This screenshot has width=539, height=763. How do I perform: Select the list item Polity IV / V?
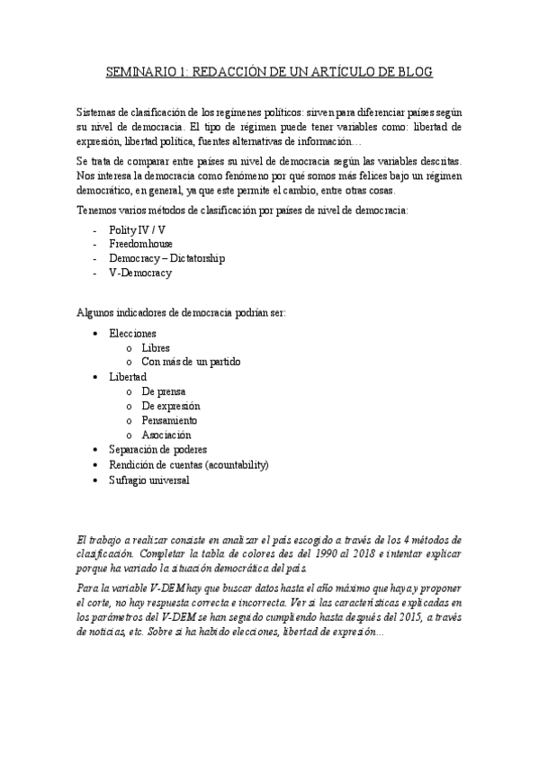pos(137,229)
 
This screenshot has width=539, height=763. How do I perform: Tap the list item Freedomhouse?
pos(141,244)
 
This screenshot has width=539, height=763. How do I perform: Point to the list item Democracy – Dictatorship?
pos(166,258)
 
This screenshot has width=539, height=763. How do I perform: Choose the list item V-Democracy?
pos(139,273)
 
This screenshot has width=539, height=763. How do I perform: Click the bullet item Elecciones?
pos(132,333)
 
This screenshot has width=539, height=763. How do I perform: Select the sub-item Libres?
pos(156,347)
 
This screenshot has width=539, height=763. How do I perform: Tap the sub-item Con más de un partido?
pos(191,362)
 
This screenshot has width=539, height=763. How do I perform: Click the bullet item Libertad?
pos(128,376)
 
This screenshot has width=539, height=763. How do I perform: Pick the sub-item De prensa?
pos(164,391)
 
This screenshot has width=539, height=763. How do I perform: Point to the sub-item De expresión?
pos(171,406)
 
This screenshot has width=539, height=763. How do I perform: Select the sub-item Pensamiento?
pos(169,420)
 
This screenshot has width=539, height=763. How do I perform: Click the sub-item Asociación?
pos(166,435)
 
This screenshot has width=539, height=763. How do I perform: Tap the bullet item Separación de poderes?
pos(157,449)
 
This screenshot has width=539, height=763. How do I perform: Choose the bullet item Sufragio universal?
pos(149,480)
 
